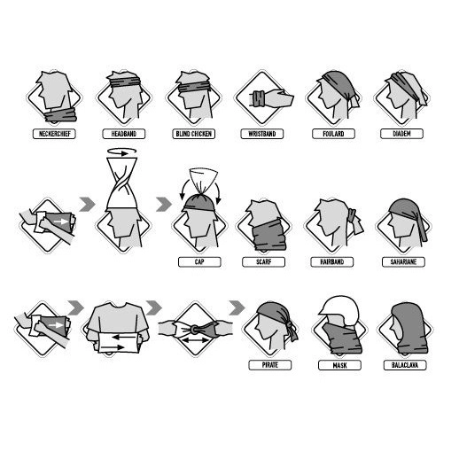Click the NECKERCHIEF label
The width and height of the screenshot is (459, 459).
pos(54,134)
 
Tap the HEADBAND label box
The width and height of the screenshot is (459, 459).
pos(124,134)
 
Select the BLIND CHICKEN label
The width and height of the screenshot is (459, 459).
pos(193,134)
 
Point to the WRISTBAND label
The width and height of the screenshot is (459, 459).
pos(262,134)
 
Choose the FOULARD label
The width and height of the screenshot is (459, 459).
pos(333,134)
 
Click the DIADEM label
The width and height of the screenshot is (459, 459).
pos(401,134)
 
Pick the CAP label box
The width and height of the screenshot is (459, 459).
pos(199,262)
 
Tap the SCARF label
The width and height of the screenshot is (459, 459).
pos(263,262)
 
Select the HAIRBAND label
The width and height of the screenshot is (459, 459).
pos(332,262)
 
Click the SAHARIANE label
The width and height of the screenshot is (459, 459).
pos(403,262)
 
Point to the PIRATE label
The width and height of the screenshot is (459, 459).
pos(270,365)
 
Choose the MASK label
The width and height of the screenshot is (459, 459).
pos(339,365)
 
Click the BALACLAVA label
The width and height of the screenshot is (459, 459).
pos(405,365)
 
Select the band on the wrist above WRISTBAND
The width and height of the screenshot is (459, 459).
pos(259,98)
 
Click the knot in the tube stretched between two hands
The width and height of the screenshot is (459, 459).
pos(194,329)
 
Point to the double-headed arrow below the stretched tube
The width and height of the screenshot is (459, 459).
pos(195,340)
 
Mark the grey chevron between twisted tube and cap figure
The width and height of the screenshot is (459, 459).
pos(164,205)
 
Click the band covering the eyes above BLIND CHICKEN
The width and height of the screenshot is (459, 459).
pos(194,88)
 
